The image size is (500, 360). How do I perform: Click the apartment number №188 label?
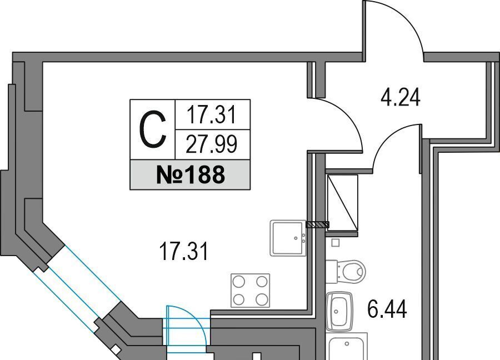[x=191, y=175]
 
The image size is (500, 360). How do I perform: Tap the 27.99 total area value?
[x=212, y=144]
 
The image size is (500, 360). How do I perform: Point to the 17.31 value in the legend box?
[x=212, y=116]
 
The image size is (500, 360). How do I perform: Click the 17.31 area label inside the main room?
[x=184, y=252]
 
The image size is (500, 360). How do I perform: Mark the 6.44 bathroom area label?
[x=387, y=309]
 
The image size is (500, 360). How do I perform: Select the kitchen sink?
[x=288, y=238]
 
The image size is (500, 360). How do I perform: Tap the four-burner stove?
[x=251, y=290]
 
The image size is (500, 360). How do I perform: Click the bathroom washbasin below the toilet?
[x=339, y=311]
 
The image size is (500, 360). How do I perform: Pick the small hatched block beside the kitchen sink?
[x=318, y=224]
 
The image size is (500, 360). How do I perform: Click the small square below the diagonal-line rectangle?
[x=335, y=243]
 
